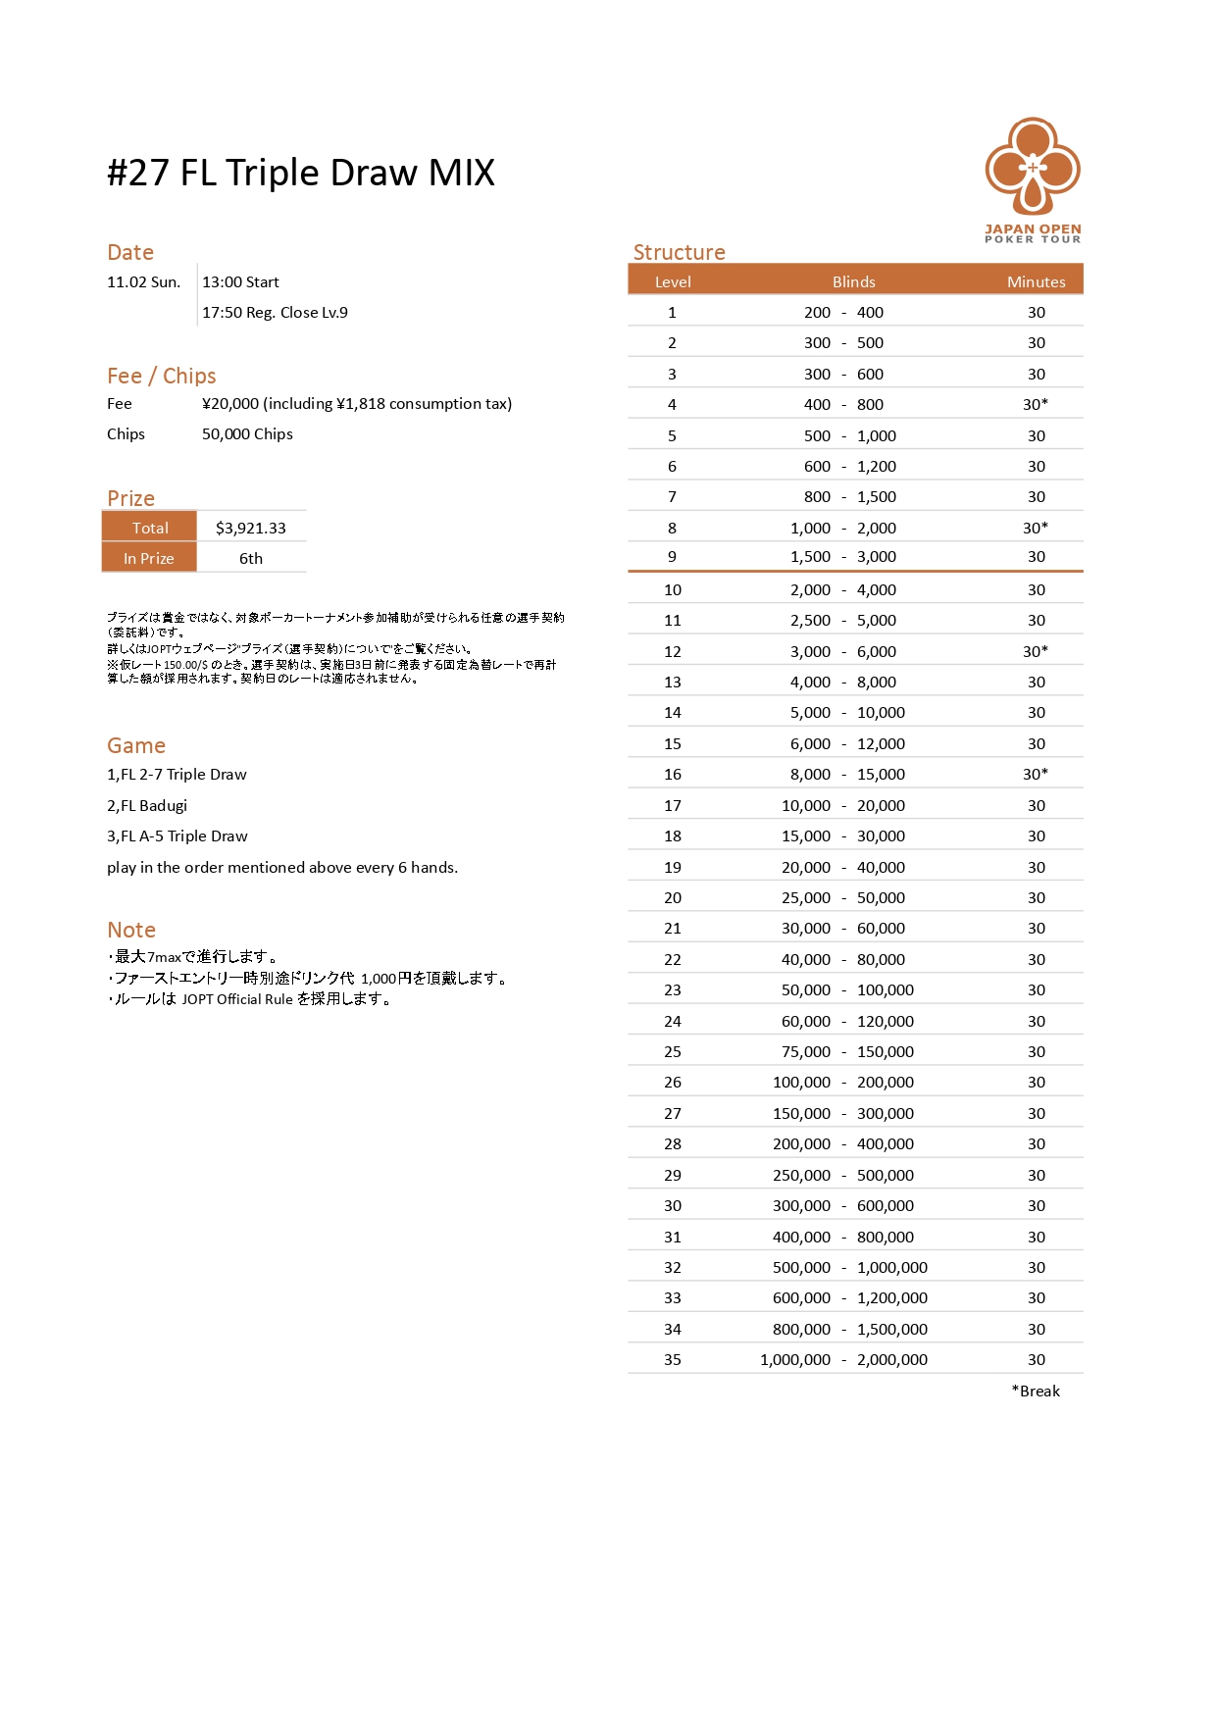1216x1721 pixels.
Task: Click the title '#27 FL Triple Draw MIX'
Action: point(301,173)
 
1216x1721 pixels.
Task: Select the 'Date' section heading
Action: point(130,252)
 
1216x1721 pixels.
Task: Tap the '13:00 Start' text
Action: point(240,282)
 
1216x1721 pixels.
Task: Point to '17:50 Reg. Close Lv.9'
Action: point(275,313)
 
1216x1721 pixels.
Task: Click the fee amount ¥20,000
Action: point(230,404)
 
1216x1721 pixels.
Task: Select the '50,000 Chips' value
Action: point(247,434)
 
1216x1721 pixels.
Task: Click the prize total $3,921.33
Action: point(251,528)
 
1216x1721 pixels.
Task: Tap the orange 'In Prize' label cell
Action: point(149,558)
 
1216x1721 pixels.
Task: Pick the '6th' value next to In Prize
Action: point(251,558)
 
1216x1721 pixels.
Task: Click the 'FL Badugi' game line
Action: point(147,805)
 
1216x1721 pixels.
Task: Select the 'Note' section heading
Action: point(131,930)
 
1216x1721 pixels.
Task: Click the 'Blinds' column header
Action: point(853,281)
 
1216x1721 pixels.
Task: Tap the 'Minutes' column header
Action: point(1036,281)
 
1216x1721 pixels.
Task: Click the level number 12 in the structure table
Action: point(672,651)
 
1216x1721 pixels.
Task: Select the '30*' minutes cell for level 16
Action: point(1036,774)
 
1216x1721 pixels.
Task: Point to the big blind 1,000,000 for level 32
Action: point(891,1267)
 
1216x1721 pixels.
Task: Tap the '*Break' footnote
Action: point(1036,1391)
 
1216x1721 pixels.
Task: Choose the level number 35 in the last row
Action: point(672,1359)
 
